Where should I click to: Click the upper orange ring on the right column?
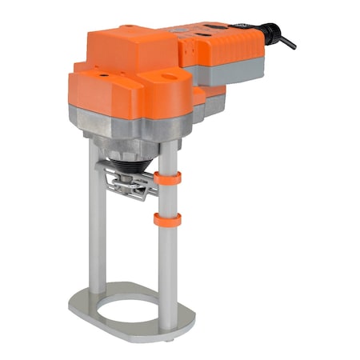pos(168,179)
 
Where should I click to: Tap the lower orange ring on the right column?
pos(168,219)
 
